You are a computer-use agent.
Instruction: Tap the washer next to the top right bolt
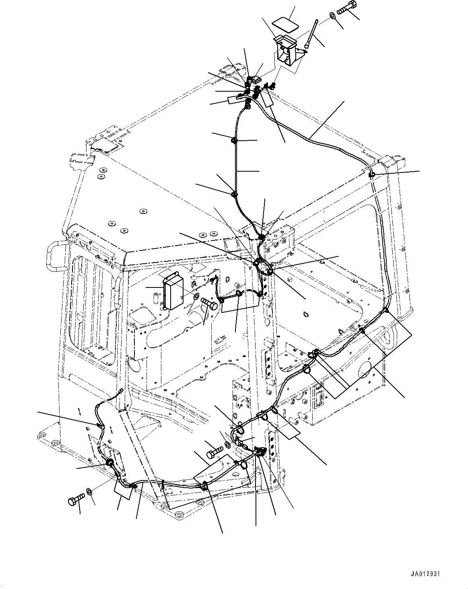pyautogui.click(x=333, y=16)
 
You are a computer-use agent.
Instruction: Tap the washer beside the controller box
pyautogui.click(x=196, y=296)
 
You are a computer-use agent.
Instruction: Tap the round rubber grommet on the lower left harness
pyautogui.click(x=109, y=463)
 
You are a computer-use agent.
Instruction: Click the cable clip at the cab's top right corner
pyautogui.click(x=371, y=174)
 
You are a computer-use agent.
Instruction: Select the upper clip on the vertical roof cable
pyautogui.click(x=234, y=140)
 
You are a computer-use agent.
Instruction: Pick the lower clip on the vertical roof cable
pyautogui.click(x=233, y=195)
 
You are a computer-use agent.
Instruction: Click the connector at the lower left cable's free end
pyautogui.click(x=121, y=390)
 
